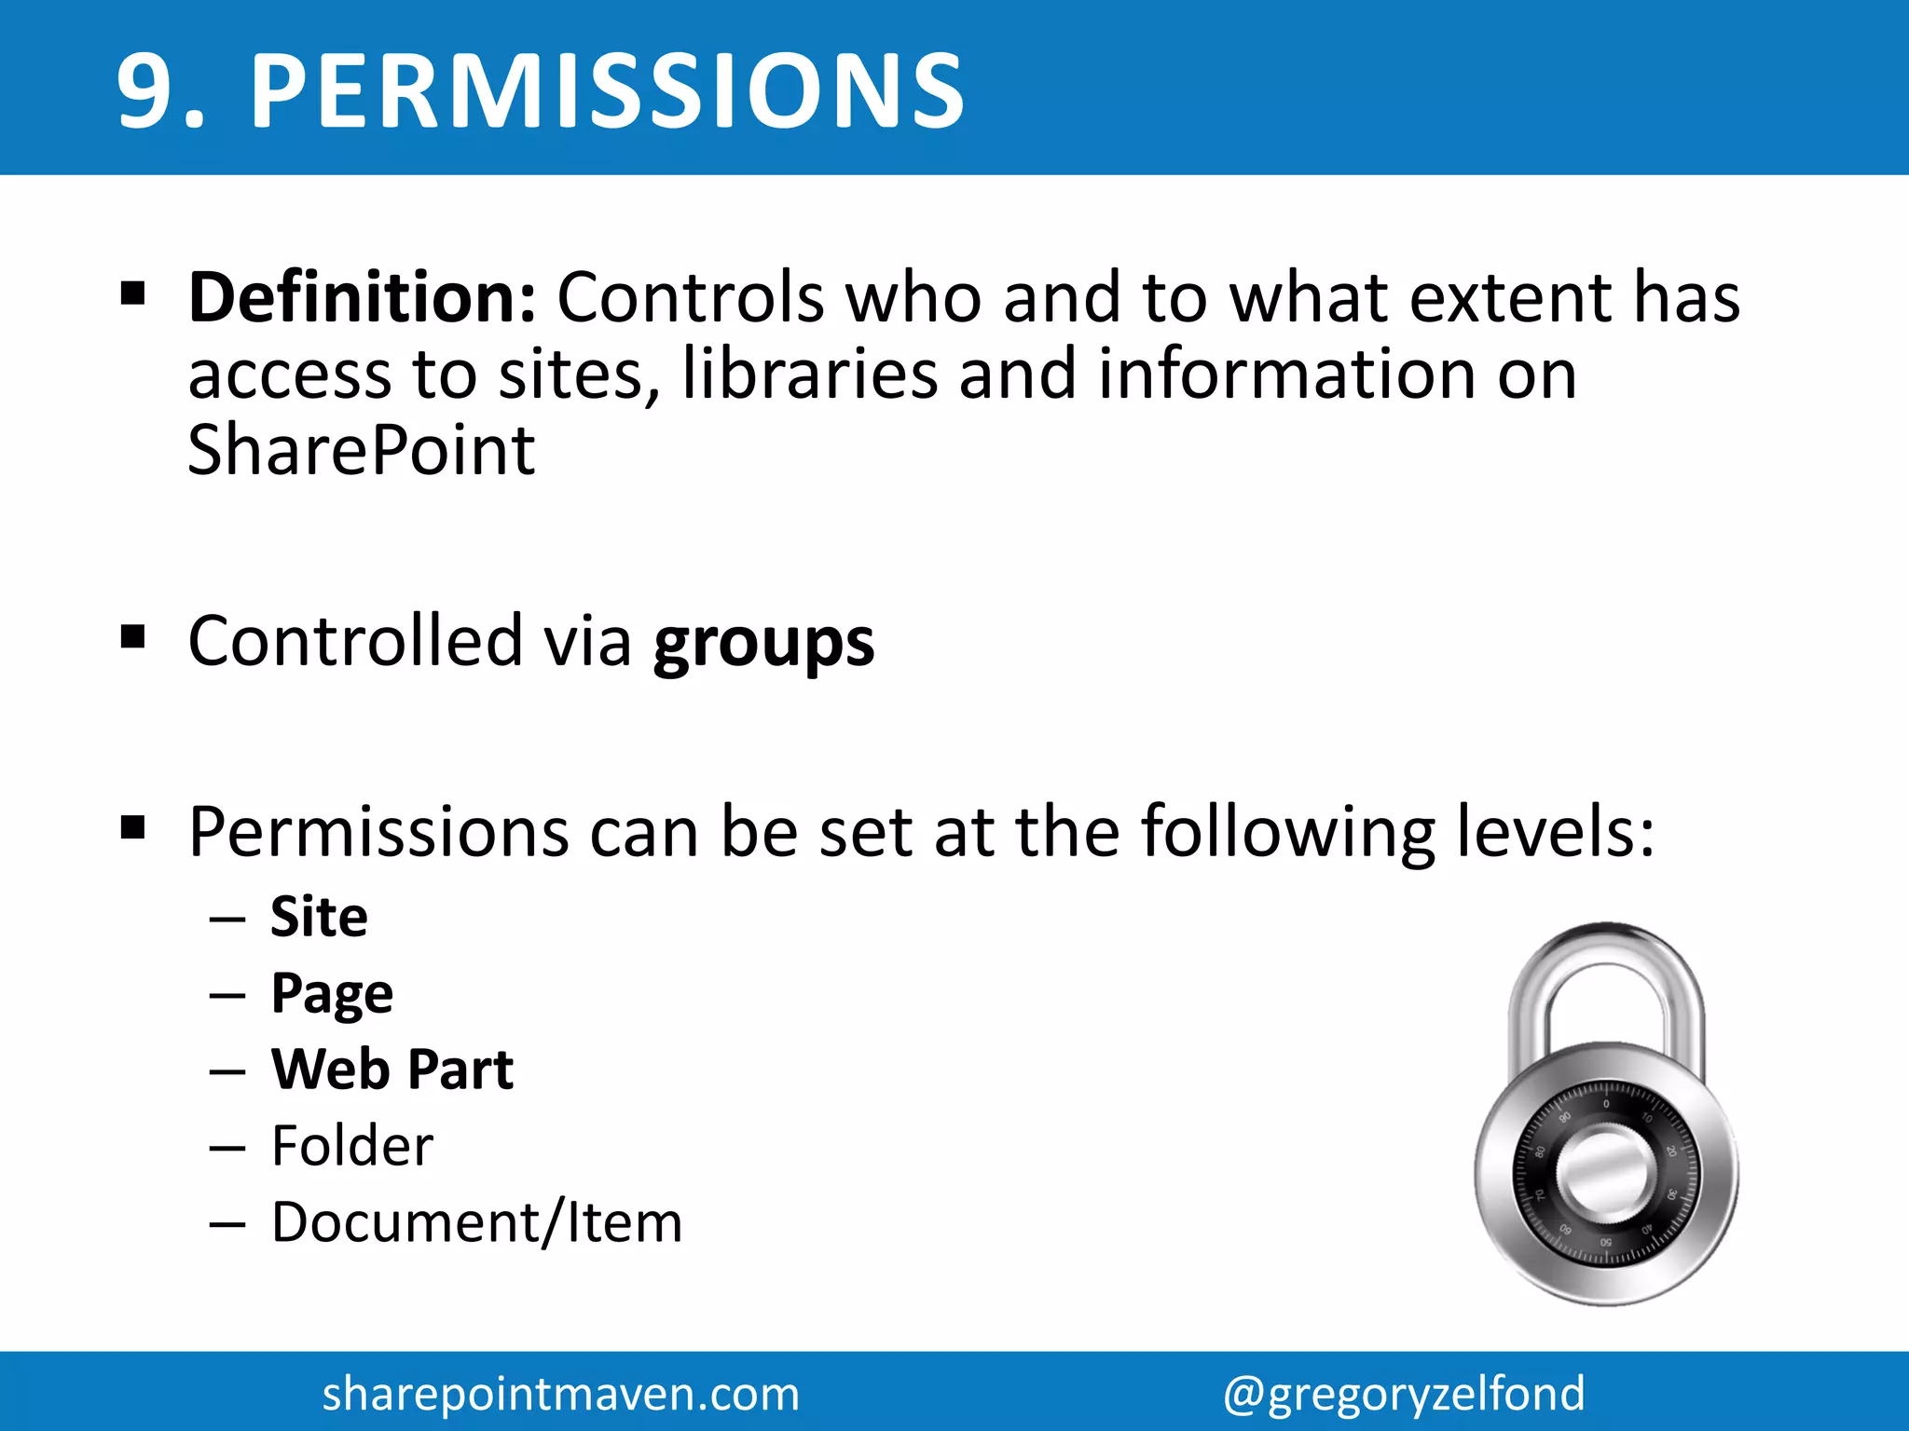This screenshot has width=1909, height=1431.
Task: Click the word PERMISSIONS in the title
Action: pos(608,91)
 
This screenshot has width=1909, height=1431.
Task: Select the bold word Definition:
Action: pos(363,298)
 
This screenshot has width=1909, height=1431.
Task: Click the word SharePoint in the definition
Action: pos(362,451)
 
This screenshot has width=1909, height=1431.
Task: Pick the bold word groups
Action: pos(763,643)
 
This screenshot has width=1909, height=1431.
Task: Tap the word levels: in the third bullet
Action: pos(1556,831)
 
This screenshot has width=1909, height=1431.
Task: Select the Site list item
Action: pos(319,917)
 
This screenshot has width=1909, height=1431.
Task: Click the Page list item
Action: pos(332,994)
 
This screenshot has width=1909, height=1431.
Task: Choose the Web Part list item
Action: pos(391,1070)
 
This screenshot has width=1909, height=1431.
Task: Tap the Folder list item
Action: pos(352,1146)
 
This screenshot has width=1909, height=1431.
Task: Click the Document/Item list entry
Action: pos(476,1222)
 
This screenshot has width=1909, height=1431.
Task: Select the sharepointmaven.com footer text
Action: pos(561,1394)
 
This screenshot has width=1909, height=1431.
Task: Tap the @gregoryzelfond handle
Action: pos(1404,1394)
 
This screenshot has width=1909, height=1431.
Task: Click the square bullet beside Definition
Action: pos(133,294)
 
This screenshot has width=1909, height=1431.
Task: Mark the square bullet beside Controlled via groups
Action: pos(133,638)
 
